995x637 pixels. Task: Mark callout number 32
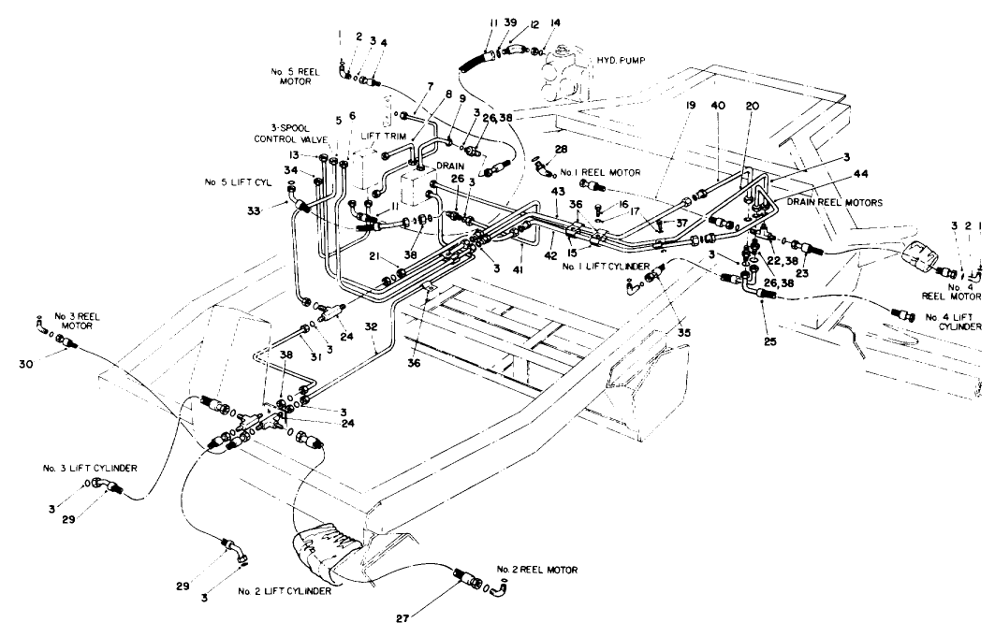click(x=372, y=327)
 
